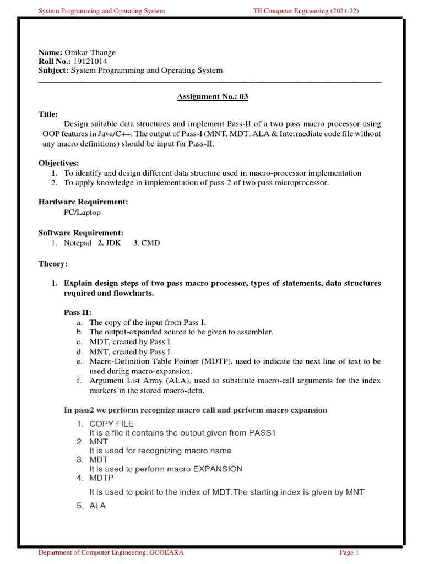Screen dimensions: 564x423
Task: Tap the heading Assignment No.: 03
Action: [212, 97]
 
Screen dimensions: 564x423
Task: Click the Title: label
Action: [48, 115]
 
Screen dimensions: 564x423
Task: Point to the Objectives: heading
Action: [58, 164]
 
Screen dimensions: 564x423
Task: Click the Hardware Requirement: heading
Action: [83, 202]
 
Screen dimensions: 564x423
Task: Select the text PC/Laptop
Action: [82, 212]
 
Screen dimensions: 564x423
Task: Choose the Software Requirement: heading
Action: [80, 233]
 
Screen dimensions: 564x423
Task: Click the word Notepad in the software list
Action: [78, 243]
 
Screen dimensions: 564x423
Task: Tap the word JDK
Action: [113, 243]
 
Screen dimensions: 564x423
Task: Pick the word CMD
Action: [150, 243]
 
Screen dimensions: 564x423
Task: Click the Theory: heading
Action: [52, 264]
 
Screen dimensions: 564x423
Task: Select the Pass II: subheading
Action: [78, 312]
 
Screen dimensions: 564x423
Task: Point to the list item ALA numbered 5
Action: [97, 506]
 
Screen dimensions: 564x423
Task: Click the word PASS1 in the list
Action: [262, 432]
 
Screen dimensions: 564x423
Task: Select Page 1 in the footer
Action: [349, 552]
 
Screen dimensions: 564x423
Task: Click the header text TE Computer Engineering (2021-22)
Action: [308, 10]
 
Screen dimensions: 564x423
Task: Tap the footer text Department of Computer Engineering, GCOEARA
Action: [111, 552]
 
